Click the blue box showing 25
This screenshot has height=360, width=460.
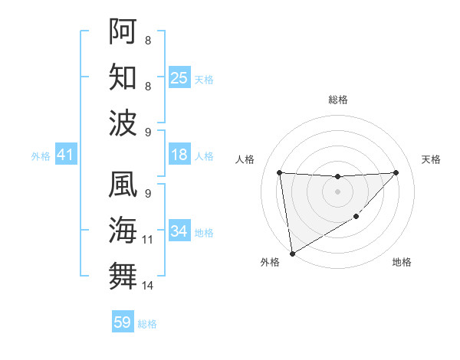point(179,77)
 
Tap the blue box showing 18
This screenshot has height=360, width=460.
point(179,155)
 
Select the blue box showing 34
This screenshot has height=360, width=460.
point(179,231)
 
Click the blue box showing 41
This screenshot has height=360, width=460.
point(65,155)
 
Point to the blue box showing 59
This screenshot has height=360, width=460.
point(123,322)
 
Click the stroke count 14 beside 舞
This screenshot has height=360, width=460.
point(148,286)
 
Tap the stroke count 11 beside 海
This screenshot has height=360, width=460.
point(148,240)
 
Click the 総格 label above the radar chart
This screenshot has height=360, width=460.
point(337,100)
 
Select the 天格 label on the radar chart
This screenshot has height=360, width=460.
point(431,159)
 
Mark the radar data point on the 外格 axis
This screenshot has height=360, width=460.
point(292,253)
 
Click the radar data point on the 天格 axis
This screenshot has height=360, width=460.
point(396,172)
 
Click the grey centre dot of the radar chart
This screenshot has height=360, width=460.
point(337,191)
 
